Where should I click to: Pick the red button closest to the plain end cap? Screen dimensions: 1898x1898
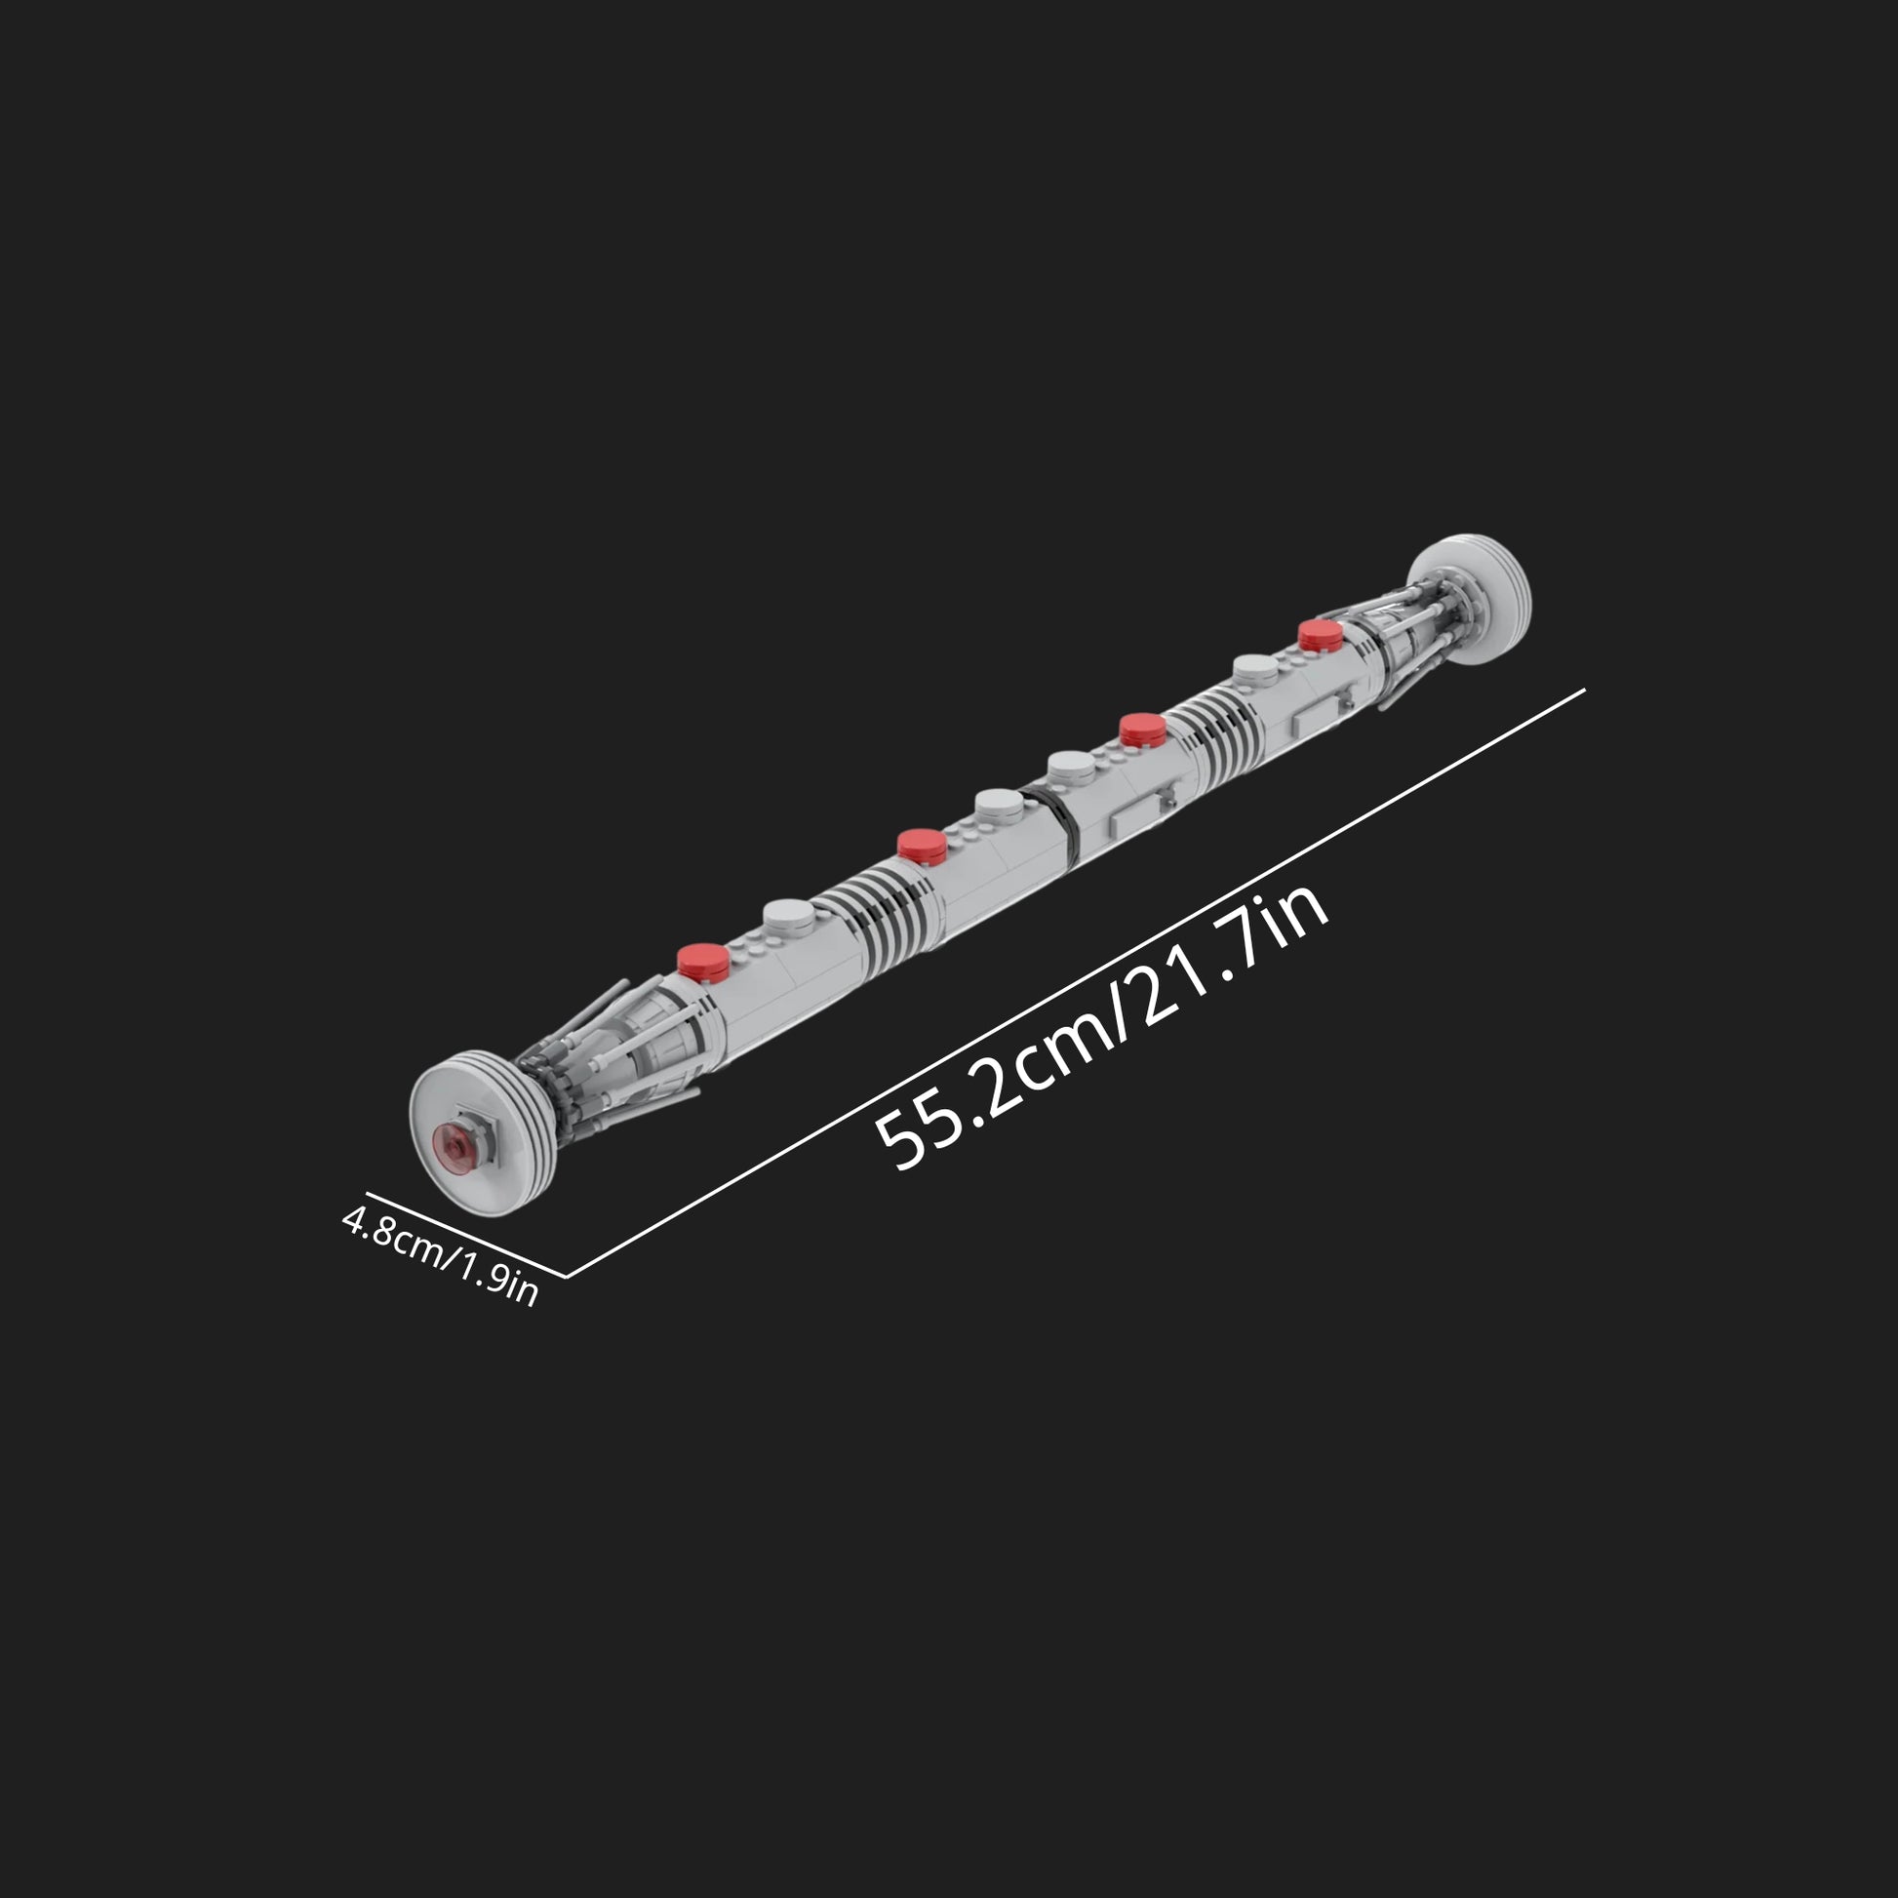1320,634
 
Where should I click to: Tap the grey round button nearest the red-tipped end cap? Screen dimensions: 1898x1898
790,916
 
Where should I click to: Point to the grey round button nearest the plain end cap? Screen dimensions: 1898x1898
1256,669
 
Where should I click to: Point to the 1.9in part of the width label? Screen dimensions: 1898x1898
496,1280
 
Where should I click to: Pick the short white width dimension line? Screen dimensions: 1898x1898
466,1235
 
